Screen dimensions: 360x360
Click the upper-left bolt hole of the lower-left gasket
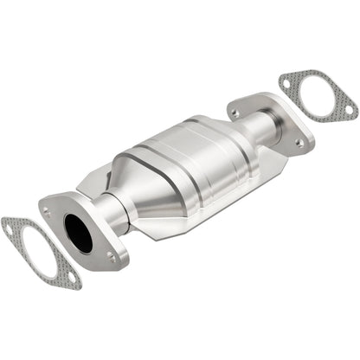click(10, 227)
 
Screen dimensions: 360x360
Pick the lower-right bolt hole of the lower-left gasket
click(72, 279)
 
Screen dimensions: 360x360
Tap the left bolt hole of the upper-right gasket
click(286, 83)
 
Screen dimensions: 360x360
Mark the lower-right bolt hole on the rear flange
click(299, 142)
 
